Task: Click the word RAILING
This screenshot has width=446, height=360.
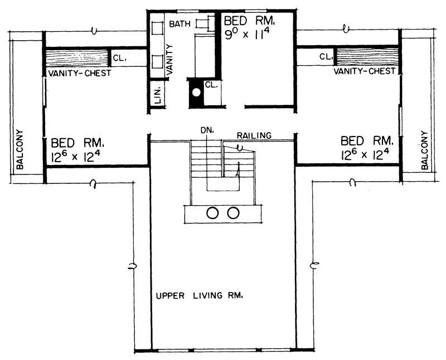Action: [x=254, y=135]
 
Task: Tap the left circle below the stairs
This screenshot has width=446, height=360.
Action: [x=212, y=212]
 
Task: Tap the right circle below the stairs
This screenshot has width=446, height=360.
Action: [x=233, y=212]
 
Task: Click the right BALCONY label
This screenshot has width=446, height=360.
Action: [x=425, y=150]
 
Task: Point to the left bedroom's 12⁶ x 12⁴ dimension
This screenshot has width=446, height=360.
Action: [x=76, y=156]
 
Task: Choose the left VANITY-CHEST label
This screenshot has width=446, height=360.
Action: [x=79, y=73]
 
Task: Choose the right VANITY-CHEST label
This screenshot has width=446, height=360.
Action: [x=365, y=71]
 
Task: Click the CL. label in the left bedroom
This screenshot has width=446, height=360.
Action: [x=120, y=57]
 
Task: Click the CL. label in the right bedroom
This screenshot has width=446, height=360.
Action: [x=326, y=56]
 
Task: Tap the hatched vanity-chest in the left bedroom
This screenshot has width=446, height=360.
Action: [x=77, y=58]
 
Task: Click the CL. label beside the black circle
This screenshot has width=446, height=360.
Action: [x=211, y=85]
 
